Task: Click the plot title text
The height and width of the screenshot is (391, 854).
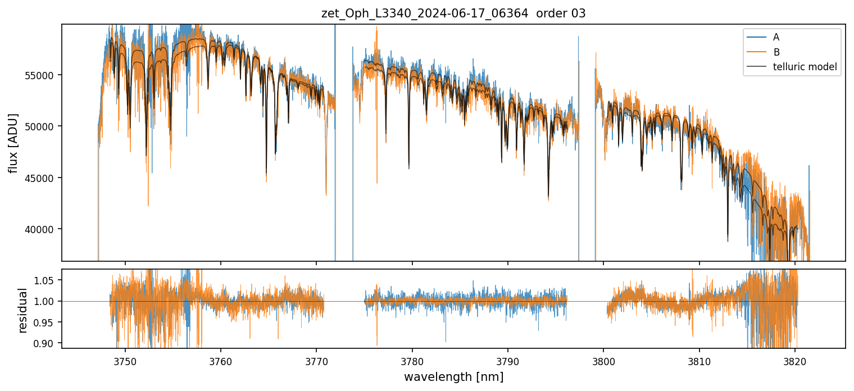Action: pyautogui.click(x=453, y=13)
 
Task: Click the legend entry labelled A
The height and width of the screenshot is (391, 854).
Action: pyautogui.click(x=776, y=38)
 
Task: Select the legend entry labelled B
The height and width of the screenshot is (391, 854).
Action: pyautogui.click(x=776, y=52)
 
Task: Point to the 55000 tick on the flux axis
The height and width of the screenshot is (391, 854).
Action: pyautogui.click(x=43, y=75)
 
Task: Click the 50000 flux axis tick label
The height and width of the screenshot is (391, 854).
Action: pyautogui.click(x=43, y=126)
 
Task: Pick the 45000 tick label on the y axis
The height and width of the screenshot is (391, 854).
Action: pyautogui.click(x=43, y=178)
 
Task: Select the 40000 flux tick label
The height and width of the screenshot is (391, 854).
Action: pyautogui.click(x=43, y=229)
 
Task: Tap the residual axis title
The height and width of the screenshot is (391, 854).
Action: pyautogui.click(x=22, y=310)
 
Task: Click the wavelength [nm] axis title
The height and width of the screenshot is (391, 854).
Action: pyautogui.click(x=453, y=377)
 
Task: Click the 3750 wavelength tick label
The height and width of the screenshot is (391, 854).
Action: pyautogui.click(x=125, y=360)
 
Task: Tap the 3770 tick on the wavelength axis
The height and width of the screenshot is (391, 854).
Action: pyautogui.click(x=316, y=360)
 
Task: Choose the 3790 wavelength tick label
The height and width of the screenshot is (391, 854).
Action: pyautogui.click(x=508, y=360)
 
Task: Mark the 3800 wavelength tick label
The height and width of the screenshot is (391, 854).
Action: pyautogui.click(x=603, y=360)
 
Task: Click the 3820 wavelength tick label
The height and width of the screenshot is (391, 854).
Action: pyautogui.click(x=795, y=360)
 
